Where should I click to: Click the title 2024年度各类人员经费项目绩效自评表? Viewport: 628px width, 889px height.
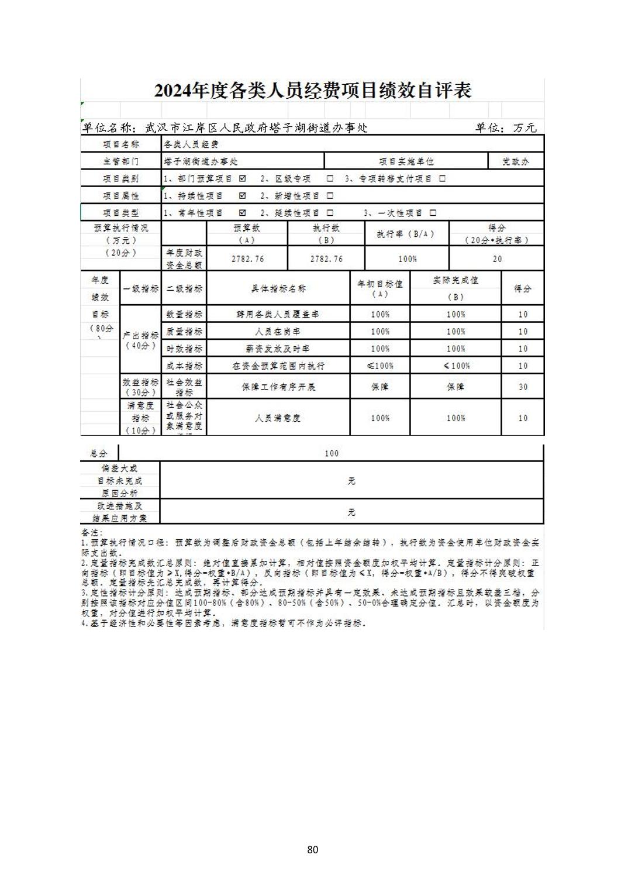(x=313, y=91)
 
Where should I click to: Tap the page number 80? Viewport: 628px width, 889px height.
(x=312, y=849)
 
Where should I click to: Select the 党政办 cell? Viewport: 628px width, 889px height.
(x=515, y=161)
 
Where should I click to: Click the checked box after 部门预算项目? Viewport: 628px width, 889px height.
(x=243, y=178)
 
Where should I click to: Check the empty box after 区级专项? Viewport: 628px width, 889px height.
(x=330, y=178)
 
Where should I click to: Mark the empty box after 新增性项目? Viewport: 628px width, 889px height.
(x=330, y=196)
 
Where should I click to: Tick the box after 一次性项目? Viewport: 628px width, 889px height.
(x=433, y=213)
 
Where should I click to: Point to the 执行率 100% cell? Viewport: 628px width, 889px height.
(x=407, y=259)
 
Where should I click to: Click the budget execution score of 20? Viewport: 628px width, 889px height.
(x=497, y=259)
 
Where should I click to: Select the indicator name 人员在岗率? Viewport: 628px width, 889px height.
(x=278, y=332)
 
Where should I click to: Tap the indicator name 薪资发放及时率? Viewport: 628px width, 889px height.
(x=278, y=349)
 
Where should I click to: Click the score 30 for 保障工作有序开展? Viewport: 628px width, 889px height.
(x=523, y=387)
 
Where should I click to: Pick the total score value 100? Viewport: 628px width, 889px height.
(x=332, y=453)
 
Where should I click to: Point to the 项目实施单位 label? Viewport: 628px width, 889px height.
(x=406, y=161)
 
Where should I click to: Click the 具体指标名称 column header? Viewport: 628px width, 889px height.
(x=278, y=288)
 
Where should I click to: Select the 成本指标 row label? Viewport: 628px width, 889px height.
(x=184, y=366)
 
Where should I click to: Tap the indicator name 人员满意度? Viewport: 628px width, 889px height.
(x=278, y=418)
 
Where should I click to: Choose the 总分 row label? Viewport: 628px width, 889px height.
(x=99, y=453)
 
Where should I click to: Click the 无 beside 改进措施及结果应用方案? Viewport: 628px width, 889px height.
(x=351, y=512)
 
